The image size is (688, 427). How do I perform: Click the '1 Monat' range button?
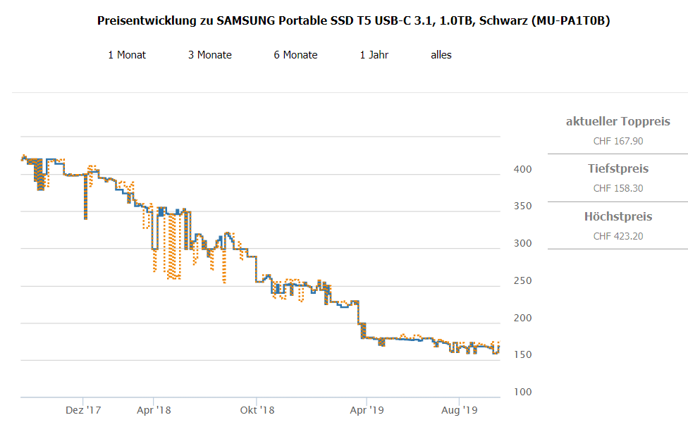(x=127, y=55)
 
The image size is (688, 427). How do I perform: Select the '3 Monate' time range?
(x=210, y=55)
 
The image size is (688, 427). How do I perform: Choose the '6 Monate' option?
(x=296, y=55)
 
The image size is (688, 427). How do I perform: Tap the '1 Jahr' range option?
(x=374, y=55)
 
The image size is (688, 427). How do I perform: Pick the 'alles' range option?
(x=441, y=55)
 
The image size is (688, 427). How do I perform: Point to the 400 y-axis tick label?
(x=522, y=170)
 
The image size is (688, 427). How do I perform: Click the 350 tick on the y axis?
(x=522, y=206)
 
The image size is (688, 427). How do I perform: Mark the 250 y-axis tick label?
(x=522, y=281)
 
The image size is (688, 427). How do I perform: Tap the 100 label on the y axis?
(x=522, y=392)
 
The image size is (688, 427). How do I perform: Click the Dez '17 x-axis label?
(x=83, y=409)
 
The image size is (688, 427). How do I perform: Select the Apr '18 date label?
(x=154, y=409)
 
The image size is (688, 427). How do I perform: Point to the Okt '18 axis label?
(x=257, y=409)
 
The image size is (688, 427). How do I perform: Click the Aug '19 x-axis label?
(x=460, y=409)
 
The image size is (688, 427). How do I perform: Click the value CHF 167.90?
(x=618, y=141)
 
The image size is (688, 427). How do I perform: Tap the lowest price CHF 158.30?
(x=618, y=188)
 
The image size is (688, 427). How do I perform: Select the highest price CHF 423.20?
(x=618, y=236)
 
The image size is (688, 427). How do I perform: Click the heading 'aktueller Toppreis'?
(x=618, y=122)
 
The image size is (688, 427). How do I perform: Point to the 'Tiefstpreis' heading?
(x=618, y=169)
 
